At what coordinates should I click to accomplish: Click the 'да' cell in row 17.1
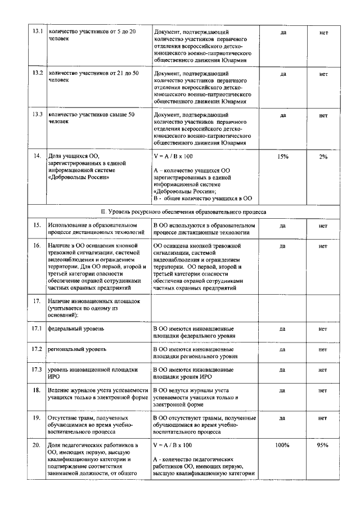pos(283,328)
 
